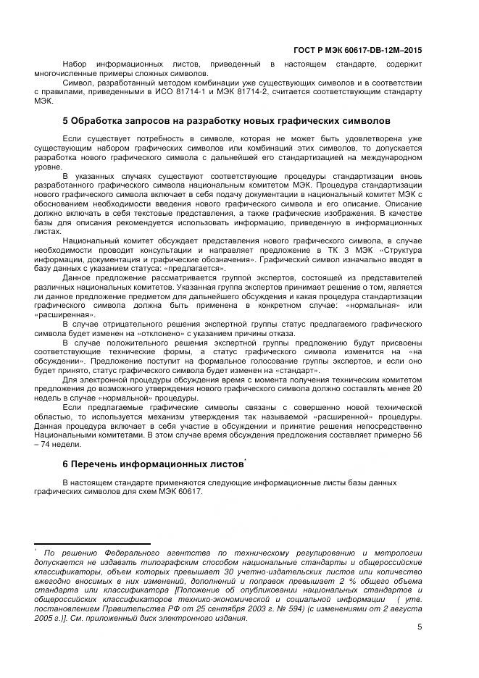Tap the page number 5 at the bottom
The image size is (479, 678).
coord(420,629)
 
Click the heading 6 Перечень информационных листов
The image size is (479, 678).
coord(153,464)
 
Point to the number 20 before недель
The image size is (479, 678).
coord(415,390)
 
